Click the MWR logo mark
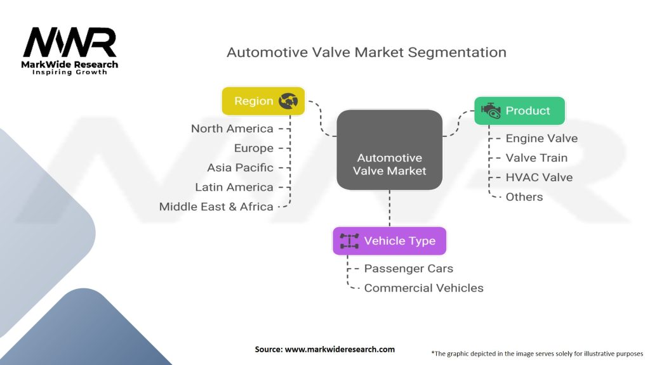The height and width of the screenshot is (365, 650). [x=70, y=43]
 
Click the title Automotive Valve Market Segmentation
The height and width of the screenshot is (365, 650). [x=366, y=52]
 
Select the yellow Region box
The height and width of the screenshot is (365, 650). [x=263, y=101]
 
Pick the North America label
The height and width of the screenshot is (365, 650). [x=232, y=129]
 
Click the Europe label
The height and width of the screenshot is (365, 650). [x=253, y=148]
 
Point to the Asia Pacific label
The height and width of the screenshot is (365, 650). [x=240, y=168]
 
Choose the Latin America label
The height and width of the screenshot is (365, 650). [x=234, y=188]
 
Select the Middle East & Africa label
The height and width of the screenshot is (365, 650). [x=216, y=207]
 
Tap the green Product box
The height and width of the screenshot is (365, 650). [x=519, y=111]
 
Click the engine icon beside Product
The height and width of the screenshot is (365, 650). [x=491, y=110]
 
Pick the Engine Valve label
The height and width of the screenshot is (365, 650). [x=541, y=138]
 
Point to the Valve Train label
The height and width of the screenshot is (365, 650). [x=536, y=158]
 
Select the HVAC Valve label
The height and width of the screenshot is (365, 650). [x=539, y=177]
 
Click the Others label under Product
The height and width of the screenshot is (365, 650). [x=524, y=197]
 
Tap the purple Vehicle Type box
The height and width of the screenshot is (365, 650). [x=389, y=241]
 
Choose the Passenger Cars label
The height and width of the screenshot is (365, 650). [x=409, y=269]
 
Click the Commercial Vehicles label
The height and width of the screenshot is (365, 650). [x=423, y=288]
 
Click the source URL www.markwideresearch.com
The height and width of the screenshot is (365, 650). [x=340, y=349]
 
